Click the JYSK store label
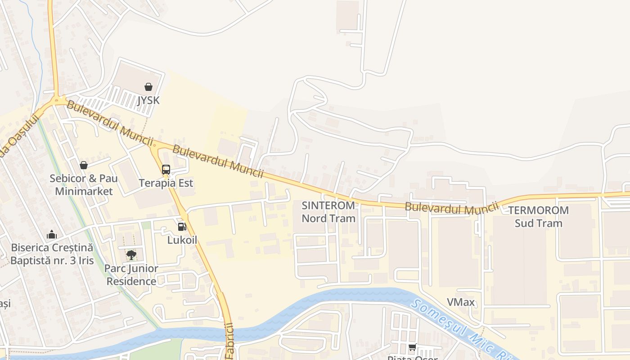tap(148, 100)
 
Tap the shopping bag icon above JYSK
tap(148, 86)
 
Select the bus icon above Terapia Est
tap(166, 170)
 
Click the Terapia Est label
tap(166, 183)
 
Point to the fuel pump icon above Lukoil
tap(182, 227)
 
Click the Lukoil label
tap(182, 240)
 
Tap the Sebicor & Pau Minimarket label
tap(84, 184)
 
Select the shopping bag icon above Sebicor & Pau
tap(83, 165)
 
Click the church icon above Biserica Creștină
tap(52, 234)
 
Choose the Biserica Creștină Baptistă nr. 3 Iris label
tap(52, 254)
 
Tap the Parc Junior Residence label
tap(131, 275)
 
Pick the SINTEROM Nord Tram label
tap(328, 212)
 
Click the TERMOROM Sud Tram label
tap(539, 216)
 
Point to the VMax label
tap(461, 302)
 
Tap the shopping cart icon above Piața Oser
tap(412, 347)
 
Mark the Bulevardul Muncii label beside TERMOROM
tap(452, 207)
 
